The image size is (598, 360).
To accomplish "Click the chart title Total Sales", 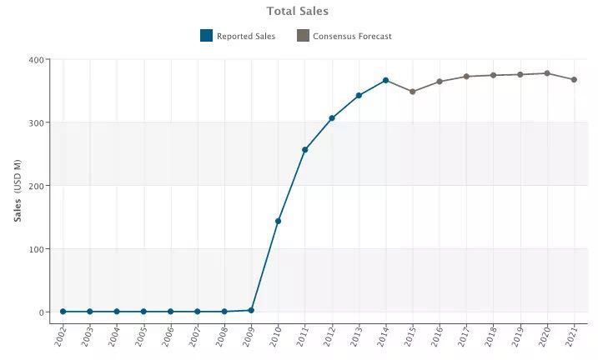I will (x=298, y=11).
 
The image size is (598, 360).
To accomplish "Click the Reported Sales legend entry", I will (x=245, y=36).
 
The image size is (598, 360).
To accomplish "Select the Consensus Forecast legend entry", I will (x=352, y=36).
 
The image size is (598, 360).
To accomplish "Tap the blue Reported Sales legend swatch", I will (x=206, y=36).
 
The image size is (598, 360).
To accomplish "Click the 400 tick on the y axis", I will (x=37, y=60).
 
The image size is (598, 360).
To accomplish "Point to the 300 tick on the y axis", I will (x=37, y=122).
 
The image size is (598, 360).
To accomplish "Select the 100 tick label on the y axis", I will (x=37, y=249).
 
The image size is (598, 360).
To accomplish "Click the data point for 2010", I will (x=278, y=221).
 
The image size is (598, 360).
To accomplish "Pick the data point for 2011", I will (x=305, y=150).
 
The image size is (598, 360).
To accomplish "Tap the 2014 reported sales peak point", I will (x=385, y=80).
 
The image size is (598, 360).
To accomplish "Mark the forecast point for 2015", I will (x=413, y=92).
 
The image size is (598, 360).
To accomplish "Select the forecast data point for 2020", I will (x=547, y=73).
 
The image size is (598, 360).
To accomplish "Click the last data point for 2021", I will (x=574, y=79).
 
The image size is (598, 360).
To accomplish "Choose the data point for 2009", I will (x=251, y=310).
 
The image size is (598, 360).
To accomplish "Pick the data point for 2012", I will (x=332, y=118).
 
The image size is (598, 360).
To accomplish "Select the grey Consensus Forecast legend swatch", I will (x=303, y=36).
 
